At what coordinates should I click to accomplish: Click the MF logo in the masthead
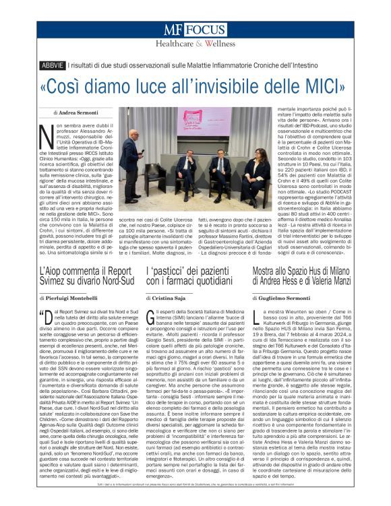point(173,30)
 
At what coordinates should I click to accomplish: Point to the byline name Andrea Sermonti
point(79,113)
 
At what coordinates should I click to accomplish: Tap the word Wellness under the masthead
point(210,44)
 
